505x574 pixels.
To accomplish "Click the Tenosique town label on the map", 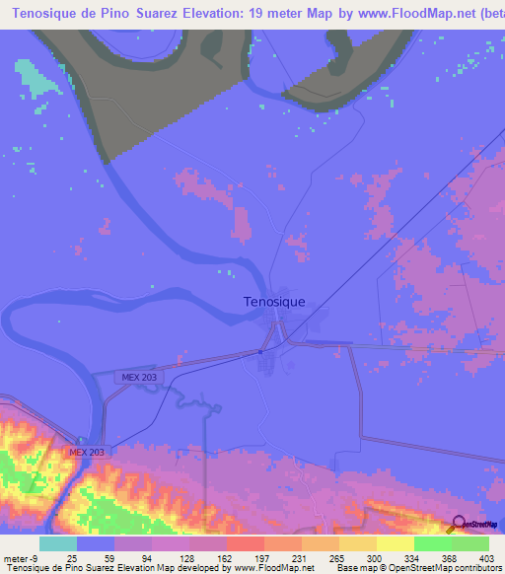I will tap(273, 302).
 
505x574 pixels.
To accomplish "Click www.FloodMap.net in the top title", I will tap(417, 13).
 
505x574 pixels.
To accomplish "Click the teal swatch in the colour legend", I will tap(58, 542).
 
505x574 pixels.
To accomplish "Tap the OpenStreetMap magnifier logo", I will tap(457, 524).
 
